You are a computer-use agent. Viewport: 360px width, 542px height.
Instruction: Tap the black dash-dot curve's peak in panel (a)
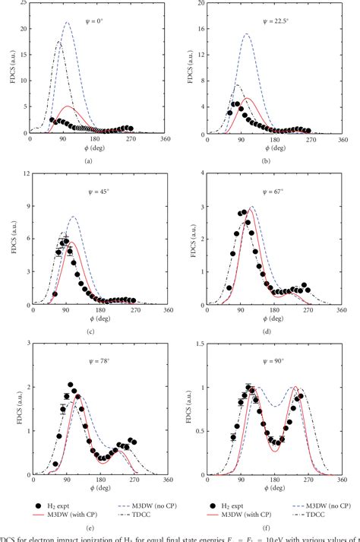coord(61,41)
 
